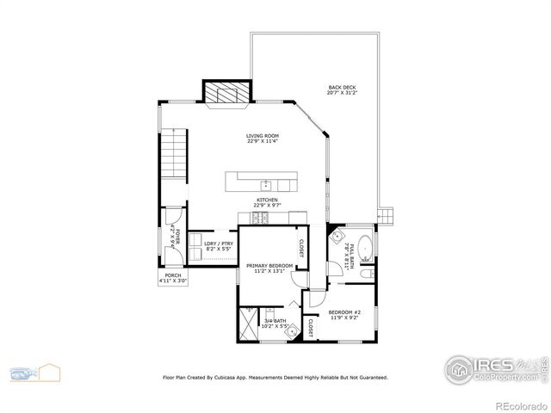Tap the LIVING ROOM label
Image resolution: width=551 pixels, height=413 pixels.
[x=263, y=138]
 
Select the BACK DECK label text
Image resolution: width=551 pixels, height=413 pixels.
[x=342, y=89]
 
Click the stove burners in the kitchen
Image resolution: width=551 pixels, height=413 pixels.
[x=261, y=218]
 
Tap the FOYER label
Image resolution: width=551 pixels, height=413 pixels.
[x=176, y=235]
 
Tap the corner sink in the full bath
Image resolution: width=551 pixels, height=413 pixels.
[x=337, y=236]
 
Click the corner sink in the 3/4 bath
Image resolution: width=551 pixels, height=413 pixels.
[x=293, y=330]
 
